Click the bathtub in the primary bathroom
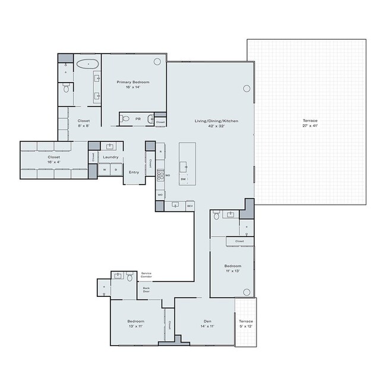click(x=87, y=62)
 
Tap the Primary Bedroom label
click(x=133, y=81)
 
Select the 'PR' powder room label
click(x=138, y=119)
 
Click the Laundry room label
click(x=110, y=157)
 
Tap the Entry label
click(x=134, y=172)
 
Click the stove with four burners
click(x=160, y=176)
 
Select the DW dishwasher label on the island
click(x=183, y=179)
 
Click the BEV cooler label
click(x=189, y=206)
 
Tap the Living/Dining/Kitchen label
click(x=216, y=121)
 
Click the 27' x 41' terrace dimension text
click(x=310, y=126)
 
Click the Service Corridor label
click(x=146, y=276)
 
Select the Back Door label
click(x=146, y=290)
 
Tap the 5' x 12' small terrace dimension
click(x=245, y=326)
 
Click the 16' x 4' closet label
click(x=54, y=162)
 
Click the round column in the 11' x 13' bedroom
click(x=246, y=291)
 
